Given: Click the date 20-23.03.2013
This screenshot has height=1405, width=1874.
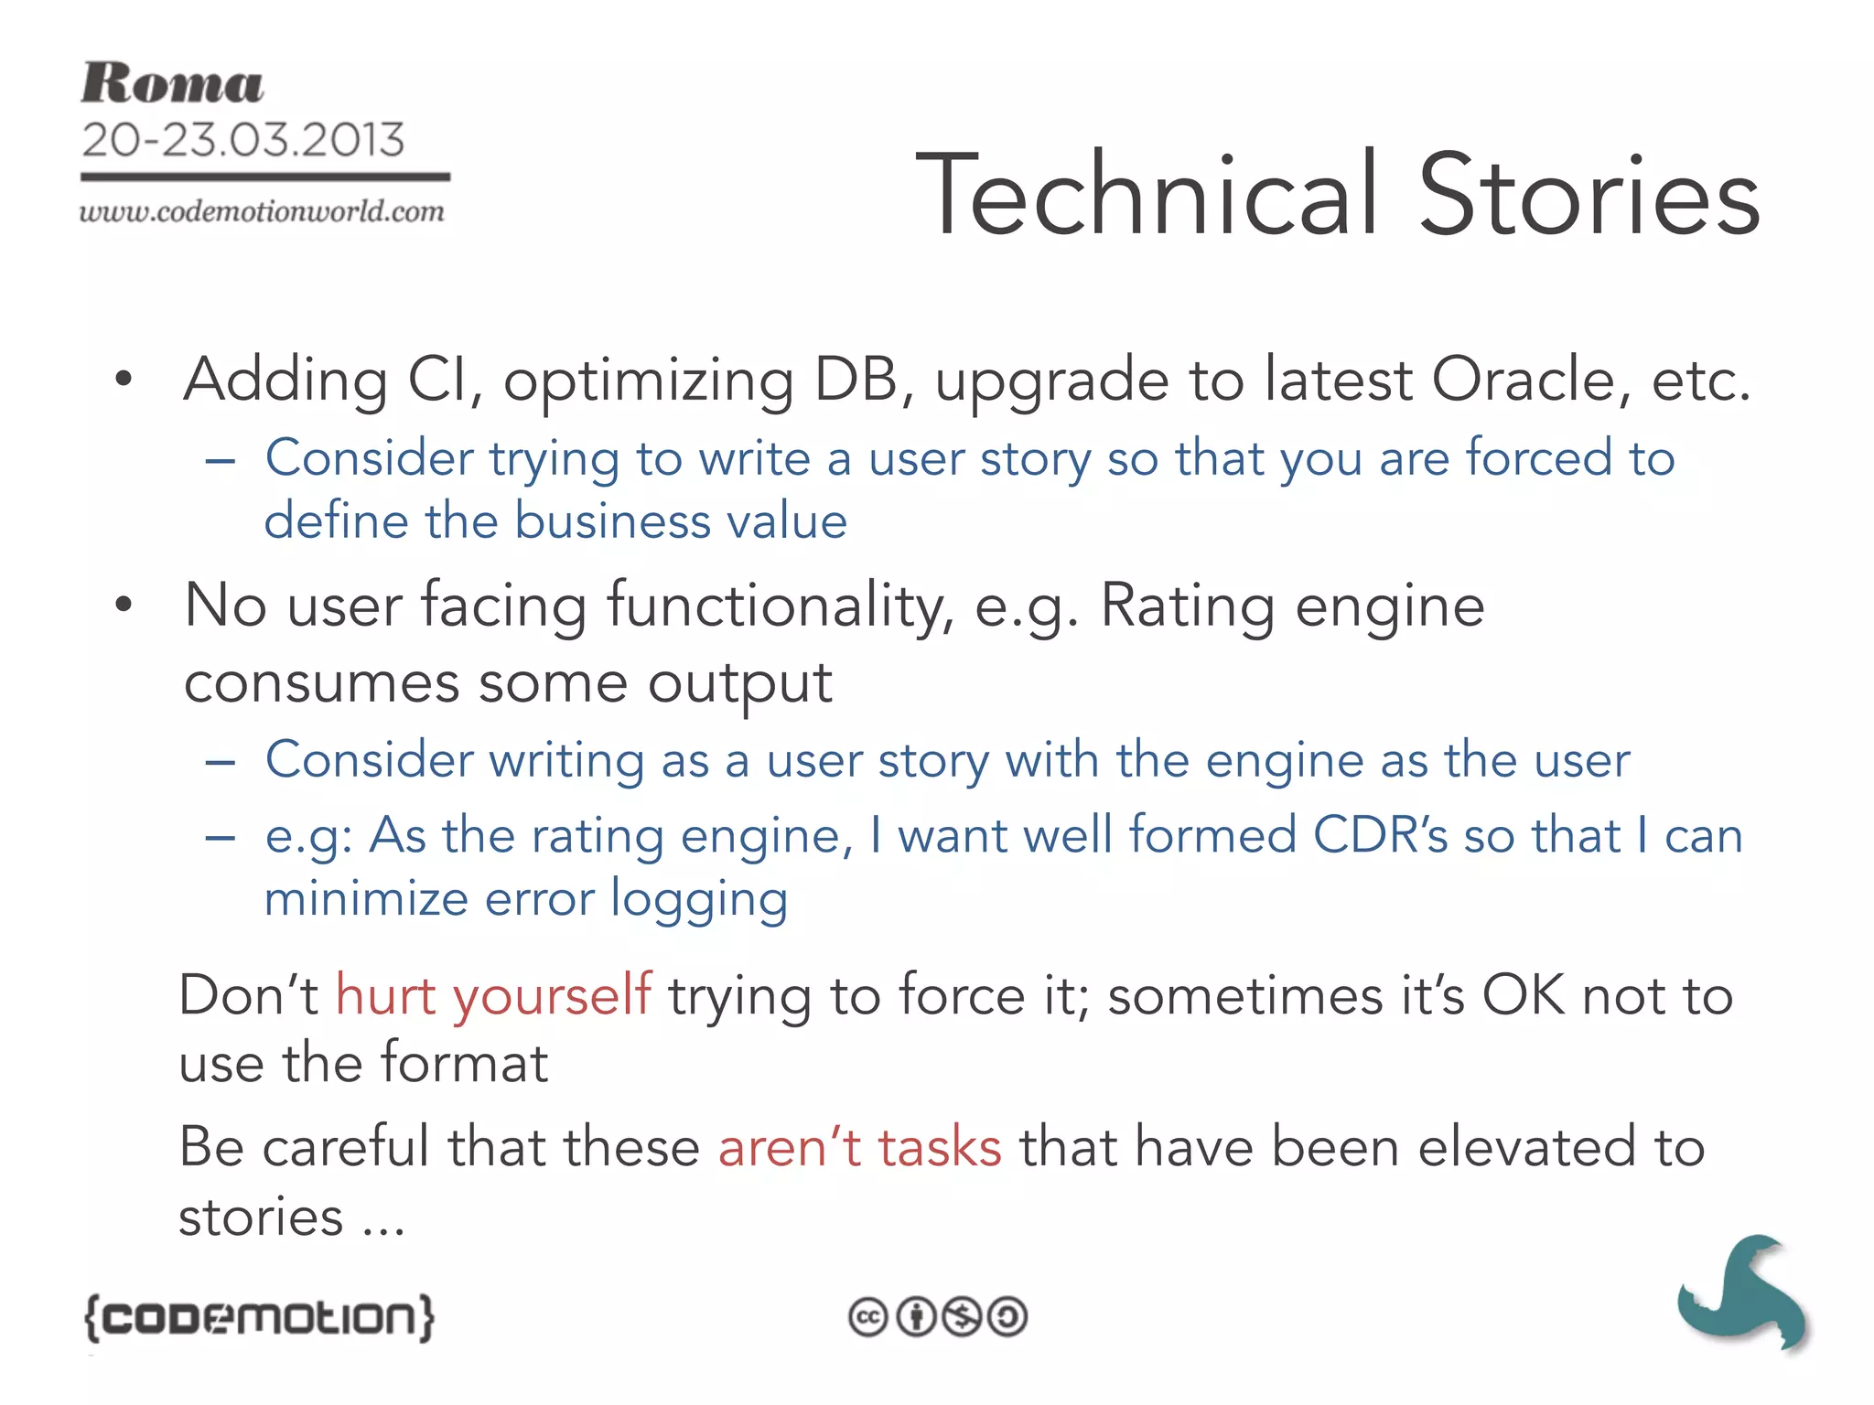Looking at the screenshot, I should [242, 140].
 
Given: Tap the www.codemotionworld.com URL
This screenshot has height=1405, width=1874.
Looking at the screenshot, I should [262, 212].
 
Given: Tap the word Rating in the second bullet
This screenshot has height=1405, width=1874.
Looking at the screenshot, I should [1187, 606].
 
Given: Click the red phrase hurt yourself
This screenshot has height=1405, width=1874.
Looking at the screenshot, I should [493, 995].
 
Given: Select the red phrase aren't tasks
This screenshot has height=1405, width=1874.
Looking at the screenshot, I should [859, 1147].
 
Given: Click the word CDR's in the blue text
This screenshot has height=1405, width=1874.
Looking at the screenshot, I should [1380, 835].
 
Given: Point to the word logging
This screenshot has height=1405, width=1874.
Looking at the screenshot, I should [699, 899].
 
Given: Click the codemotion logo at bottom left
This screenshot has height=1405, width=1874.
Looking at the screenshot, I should [259, 1317].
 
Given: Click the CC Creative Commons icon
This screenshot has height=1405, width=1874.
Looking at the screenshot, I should [867, 1317].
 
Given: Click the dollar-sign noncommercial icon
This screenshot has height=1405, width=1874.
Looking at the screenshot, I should [962, 1317].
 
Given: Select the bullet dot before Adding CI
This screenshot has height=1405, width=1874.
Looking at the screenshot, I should [124, 380].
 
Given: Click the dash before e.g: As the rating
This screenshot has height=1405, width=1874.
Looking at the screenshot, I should [221, 837].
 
